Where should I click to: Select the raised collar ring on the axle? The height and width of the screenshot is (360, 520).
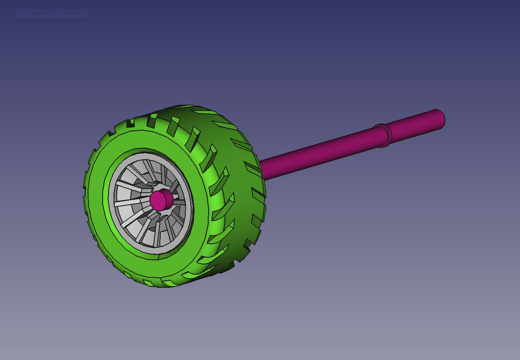pyautogui.click(x=383, y=135)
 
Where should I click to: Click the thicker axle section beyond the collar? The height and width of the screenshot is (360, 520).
pyautogui.click(x=413, y=126)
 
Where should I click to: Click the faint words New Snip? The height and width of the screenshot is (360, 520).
pyautogui.click(x=40, y=14)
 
